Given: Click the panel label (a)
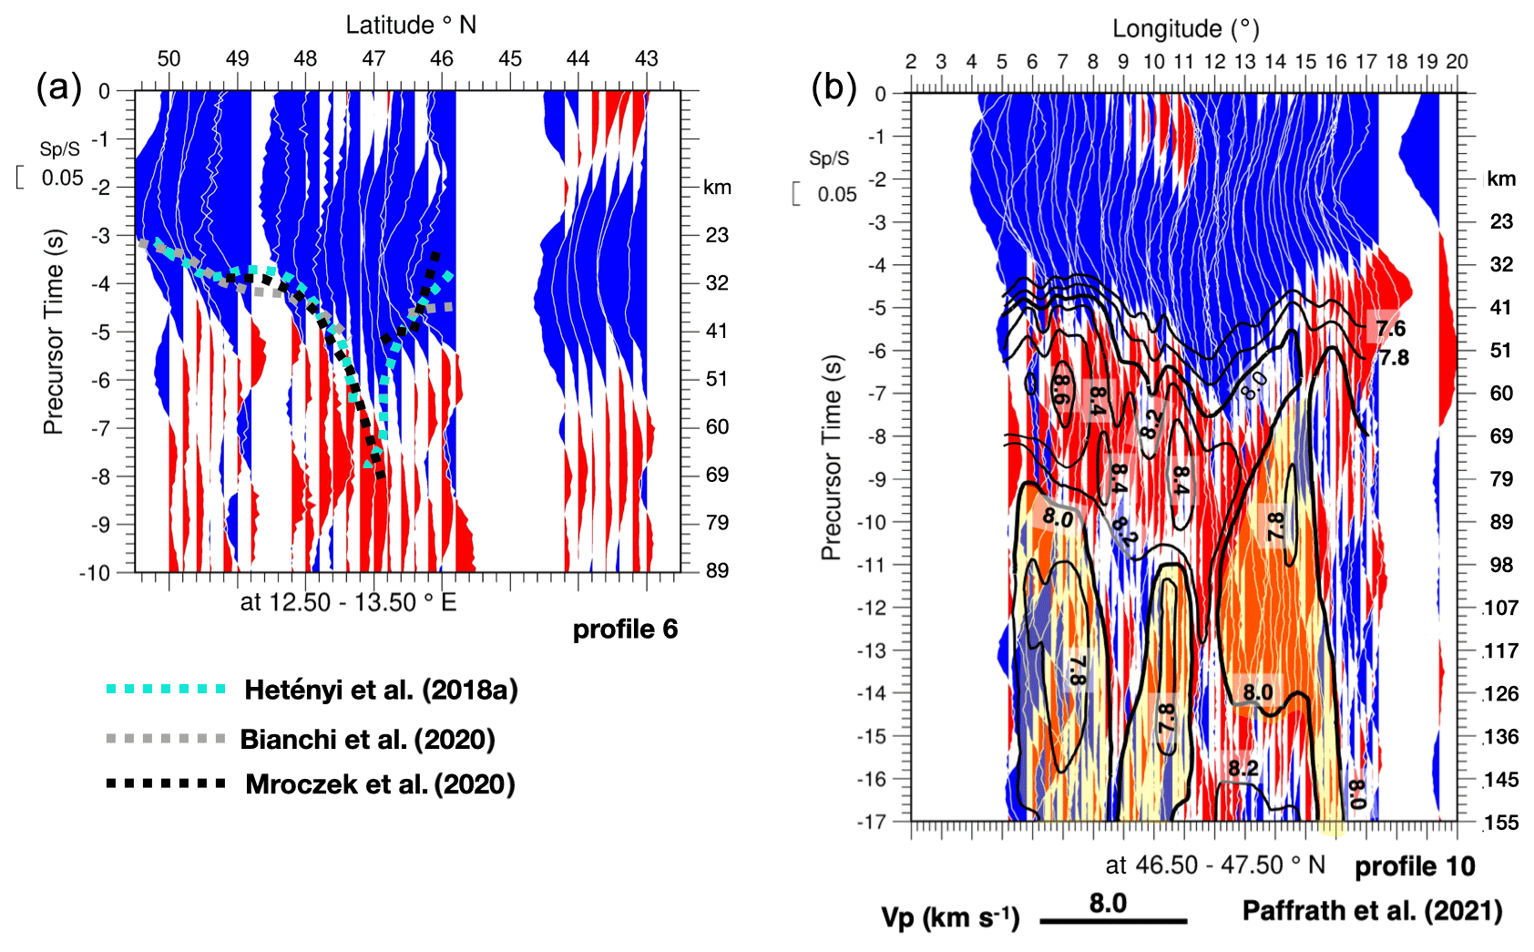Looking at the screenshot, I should pos(58,88).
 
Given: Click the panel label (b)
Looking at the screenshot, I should pos(833,88).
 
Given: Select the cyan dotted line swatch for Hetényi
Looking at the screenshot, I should pos(166,689).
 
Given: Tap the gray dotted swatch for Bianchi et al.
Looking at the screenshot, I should pos(166,738).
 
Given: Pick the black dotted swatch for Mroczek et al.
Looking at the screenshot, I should pos(166,783).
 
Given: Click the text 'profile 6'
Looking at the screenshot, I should pos(625,630).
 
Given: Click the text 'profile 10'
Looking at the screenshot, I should pos(1415,866).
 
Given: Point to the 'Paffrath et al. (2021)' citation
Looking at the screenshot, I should pos(1372,910).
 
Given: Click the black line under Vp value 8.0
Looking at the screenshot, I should pos(1113,921).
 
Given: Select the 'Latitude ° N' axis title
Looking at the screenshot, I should pos(411,25).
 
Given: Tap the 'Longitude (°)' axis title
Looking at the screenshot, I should pos(1185,28).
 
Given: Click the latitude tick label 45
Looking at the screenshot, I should pos(510,59).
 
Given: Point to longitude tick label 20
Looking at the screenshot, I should pos(1457,62).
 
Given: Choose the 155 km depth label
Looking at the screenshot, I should pos(1501,823).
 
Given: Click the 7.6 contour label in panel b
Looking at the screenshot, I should pos(1390,328).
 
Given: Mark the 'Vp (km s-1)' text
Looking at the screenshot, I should pos(950,917).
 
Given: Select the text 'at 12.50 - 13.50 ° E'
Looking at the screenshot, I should pos(348,602).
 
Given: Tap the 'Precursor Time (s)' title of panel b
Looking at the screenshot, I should pos(831,456).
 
